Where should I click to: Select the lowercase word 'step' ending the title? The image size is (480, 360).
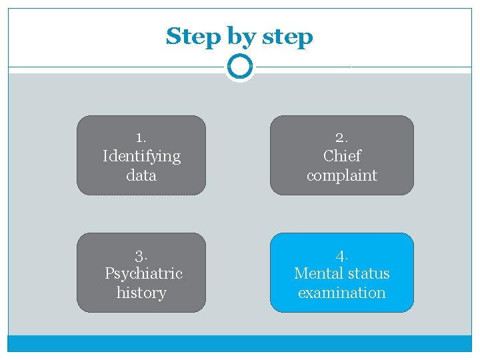(x=287, y=37)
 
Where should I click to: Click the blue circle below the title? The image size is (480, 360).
(x=239, y=67)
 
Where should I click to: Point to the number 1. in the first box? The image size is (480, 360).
(x=141, y=137)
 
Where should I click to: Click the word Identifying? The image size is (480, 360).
(x=141, y=157)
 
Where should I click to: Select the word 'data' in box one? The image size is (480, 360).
(x=141, y=175)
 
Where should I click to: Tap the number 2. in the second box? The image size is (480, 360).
(x=341, y=137)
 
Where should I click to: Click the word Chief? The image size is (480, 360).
(x=341, y=156)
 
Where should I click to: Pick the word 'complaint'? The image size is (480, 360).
(x=341, y=176)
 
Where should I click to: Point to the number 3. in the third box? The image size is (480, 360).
(x=141, y=255)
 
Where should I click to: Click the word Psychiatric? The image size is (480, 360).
(x=143, y=273)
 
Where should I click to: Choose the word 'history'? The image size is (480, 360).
(x=141, y=293)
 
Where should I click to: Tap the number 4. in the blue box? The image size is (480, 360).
(x=341, y=255)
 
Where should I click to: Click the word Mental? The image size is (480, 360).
(x=317, y=273)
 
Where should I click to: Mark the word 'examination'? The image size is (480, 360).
(x=341, y=293)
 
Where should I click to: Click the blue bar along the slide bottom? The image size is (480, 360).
(x=239, y=343)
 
